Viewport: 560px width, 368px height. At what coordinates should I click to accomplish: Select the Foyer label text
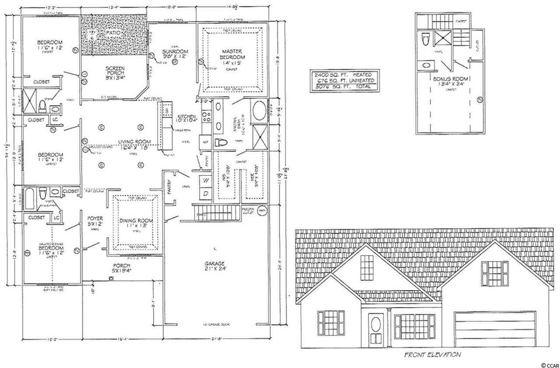point(94,221)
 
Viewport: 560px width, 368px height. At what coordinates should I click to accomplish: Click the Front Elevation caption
point(432,355)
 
